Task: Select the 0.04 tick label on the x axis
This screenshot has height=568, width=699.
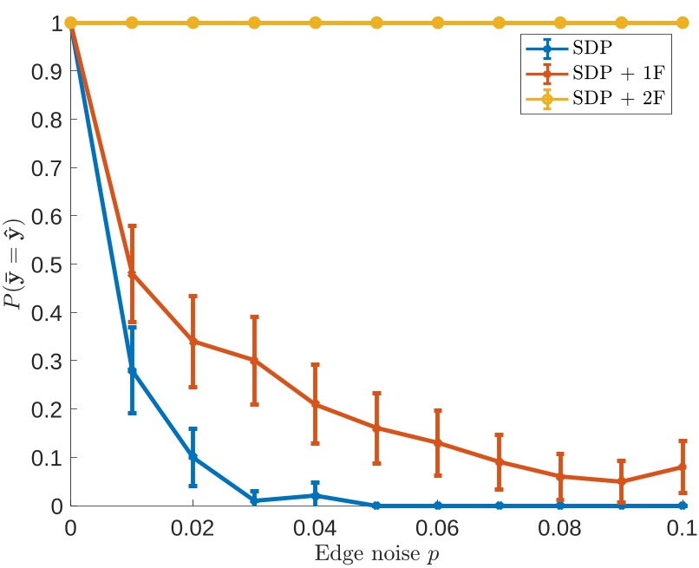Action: point(316,527)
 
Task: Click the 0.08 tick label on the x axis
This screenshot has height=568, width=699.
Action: point(560,527)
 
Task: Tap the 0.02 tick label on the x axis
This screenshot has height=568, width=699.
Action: point(193,527)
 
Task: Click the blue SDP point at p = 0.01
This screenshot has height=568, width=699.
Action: point(132,370)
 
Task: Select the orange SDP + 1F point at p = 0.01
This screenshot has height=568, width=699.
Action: point(132,274)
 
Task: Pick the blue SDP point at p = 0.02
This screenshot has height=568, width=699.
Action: point(193,457)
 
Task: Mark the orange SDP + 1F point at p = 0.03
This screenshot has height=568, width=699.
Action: point(254,360)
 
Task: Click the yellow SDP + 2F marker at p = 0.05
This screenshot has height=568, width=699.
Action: point(376,23)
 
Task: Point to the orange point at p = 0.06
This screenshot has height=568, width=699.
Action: point(438,442)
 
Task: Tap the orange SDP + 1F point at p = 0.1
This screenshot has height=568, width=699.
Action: point(683,467)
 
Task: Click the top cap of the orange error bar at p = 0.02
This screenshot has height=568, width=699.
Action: point(193,296)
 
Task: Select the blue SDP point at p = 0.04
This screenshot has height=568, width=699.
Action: point(316,495)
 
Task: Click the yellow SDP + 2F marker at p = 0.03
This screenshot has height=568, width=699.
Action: point(254,23)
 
